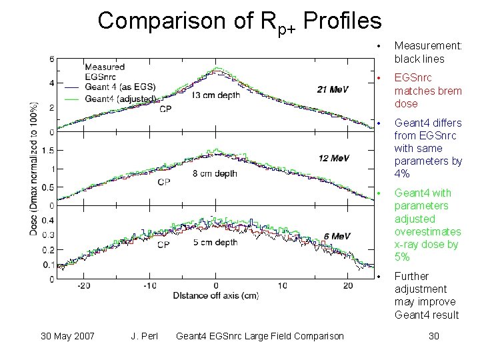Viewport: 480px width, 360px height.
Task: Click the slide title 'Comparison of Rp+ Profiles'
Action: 239,21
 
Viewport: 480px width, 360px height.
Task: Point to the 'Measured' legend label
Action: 105,67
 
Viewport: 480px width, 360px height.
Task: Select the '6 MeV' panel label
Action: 337,236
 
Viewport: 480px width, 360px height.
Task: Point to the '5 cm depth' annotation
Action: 215,243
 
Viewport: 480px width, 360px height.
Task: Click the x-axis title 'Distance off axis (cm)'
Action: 215,295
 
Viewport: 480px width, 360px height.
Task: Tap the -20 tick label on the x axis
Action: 83,285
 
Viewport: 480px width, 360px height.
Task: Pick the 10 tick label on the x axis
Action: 282,285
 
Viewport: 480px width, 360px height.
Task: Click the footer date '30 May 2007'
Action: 67,336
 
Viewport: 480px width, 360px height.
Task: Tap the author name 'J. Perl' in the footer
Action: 144,336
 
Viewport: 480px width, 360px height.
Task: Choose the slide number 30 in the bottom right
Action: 433,336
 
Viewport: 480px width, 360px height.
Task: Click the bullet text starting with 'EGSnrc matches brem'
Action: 427,91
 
